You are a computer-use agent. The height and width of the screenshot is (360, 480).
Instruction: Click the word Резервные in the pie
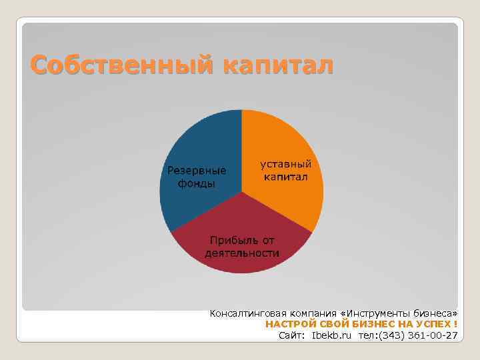pos(197,171)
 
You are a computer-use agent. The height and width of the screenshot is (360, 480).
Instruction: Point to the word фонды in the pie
pos(197,183)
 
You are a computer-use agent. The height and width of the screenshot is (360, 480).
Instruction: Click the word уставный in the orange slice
pos(285,164)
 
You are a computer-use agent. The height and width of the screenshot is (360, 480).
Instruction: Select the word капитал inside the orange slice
pos(285,177)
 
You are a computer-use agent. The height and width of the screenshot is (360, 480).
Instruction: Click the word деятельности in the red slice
pos(242,253)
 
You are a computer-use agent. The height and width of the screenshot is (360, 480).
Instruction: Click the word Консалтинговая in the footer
pos(246,313)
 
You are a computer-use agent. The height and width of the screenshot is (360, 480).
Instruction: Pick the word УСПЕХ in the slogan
pos(433,324)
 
